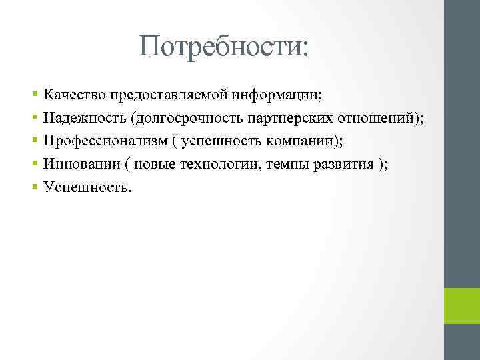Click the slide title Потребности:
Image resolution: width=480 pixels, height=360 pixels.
pos(225,47)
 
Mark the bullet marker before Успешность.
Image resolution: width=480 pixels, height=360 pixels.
pos(35,187)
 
